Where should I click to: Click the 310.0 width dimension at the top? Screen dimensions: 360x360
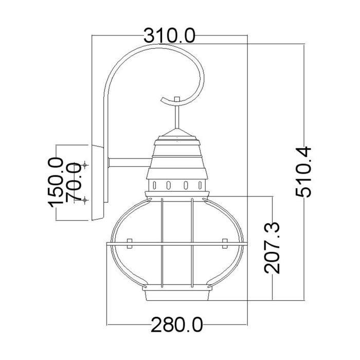tap(169, 35)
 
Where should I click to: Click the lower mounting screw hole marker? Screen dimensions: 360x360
tap(85, 200)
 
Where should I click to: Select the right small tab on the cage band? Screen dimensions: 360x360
tap(224, 241)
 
